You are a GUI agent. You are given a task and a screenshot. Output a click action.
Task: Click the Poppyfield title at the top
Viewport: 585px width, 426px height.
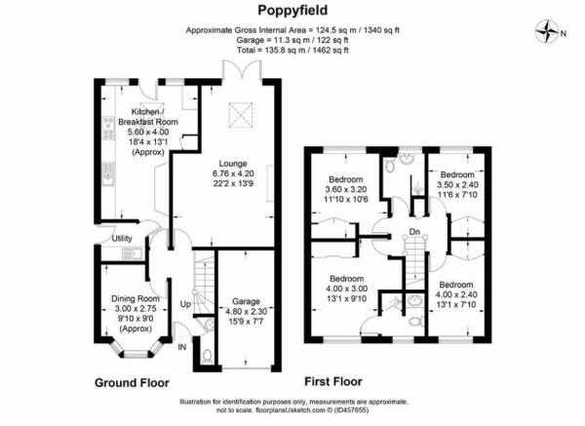292,10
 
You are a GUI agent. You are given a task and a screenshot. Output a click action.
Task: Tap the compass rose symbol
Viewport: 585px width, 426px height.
547,32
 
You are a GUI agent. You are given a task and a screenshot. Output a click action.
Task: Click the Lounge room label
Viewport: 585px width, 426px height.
233,164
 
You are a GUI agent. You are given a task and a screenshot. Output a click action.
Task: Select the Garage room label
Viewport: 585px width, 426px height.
246,301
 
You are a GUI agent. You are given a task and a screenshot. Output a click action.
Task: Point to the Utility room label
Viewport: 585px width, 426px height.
122,239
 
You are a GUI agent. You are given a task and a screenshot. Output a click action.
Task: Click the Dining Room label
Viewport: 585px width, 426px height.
136,298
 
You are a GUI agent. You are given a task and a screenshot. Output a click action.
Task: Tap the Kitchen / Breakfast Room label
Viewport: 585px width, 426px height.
148,117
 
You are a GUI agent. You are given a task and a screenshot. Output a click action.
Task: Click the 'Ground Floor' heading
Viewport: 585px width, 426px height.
132,383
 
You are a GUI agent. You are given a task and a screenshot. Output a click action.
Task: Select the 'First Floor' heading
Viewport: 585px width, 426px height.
333,381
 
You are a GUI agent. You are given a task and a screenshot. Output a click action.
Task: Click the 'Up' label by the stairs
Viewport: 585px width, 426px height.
185,304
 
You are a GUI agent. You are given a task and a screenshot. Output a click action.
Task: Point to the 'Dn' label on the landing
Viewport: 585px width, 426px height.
414,232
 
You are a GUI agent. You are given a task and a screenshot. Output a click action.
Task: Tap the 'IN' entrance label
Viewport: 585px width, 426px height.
182,347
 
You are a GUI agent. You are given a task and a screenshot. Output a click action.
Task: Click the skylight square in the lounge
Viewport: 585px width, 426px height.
240,115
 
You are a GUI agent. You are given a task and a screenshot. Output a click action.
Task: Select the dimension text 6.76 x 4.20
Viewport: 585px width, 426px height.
233,174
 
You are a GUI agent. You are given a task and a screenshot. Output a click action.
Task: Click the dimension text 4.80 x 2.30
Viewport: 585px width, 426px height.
247,311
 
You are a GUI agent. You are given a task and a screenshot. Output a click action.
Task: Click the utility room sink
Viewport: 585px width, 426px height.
132,253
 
